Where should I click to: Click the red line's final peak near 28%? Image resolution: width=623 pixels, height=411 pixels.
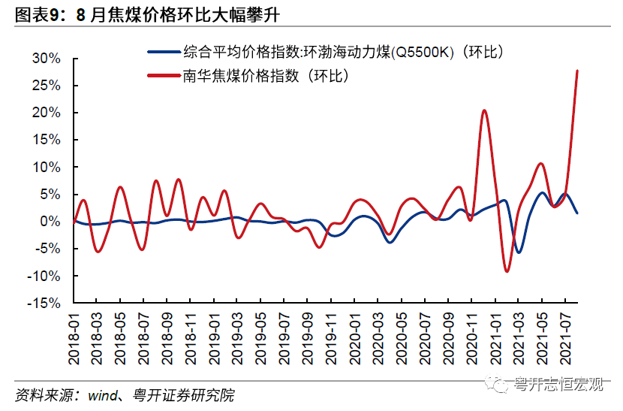[576, 71]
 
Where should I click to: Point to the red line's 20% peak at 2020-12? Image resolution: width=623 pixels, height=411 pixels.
[484, 110]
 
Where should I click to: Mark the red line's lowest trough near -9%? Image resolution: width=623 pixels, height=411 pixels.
[507, 271]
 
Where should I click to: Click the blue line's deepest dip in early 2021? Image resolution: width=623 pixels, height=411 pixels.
[519, 252]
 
